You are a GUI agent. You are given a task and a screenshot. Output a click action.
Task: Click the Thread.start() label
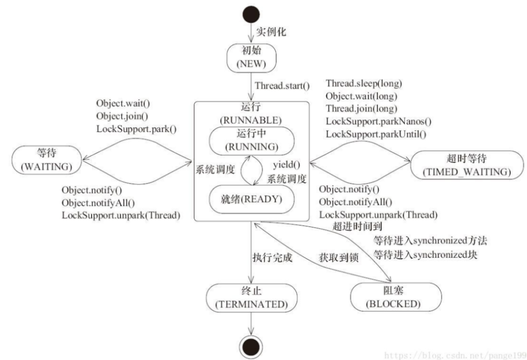click(282, 85)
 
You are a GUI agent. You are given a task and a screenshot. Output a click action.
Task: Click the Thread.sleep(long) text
click(364, 83)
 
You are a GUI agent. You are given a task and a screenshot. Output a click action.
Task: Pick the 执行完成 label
click(272, 257)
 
